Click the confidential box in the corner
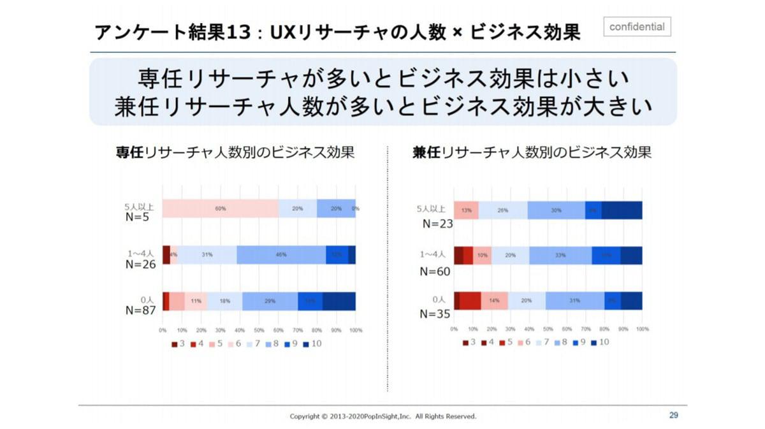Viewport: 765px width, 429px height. [x=637, y=27]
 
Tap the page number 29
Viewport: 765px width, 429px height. [x=674, y=416]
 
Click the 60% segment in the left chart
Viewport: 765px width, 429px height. [x=221, y=208]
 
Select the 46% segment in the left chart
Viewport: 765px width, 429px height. [x=281, y=254]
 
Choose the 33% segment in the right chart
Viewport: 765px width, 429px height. [x=560, y=255]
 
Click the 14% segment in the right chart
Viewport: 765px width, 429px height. [x=494, y=301]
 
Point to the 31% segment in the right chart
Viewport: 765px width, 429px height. [x=575, y=301]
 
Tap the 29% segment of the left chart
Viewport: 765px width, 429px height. [x=270, y=301]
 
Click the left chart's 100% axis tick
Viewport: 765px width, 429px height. [x=356, y=330]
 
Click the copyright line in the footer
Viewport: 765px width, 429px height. [x=383, y=416]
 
